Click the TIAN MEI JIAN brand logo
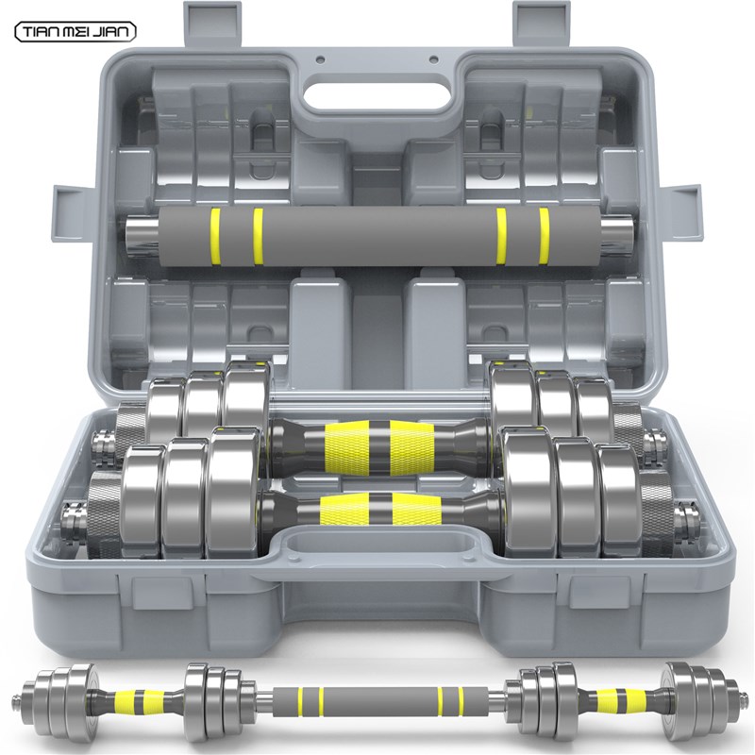(75, 32)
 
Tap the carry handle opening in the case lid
(377, 97)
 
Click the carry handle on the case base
(380, 550)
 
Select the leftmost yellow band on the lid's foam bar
(215, 237)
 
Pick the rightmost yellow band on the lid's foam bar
(545, 237)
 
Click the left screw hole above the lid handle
(320, 60)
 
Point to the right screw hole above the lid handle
(433, 60)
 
